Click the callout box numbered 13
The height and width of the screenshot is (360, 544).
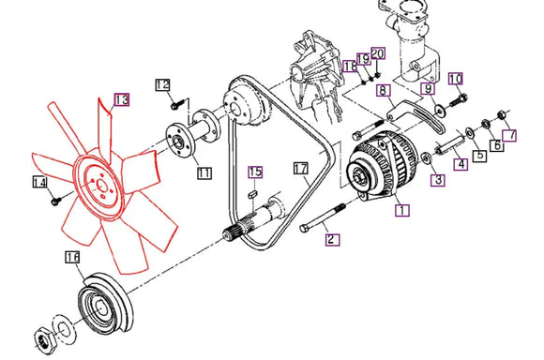pyautogui.click(x=122, y=100)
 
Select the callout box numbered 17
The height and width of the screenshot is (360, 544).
pyautogui.click(x=300, y=169)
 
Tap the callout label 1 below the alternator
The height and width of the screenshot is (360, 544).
pyautogui.click(x=402, y=210)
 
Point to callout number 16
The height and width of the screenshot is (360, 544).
pyautogui.click(x=72, y=257)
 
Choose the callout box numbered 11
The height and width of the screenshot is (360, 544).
pyautogui.click(x=204, y=172)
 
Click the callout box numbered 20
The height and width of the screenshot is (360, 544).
pyautogui.click(x=377, y=53)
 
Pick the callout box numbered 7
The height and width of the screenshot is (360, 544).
pyautogui.click(x=509, y=135)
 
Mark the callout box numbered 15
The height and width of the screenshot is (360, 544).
pyautogui.click(x=255, y=172)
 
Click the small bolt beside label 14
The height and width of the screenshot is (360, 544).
pyautogui.click(x=55, y=201)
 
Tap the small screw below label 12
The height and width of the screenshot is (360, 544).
pyautogui.click(x=175, y=105)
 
